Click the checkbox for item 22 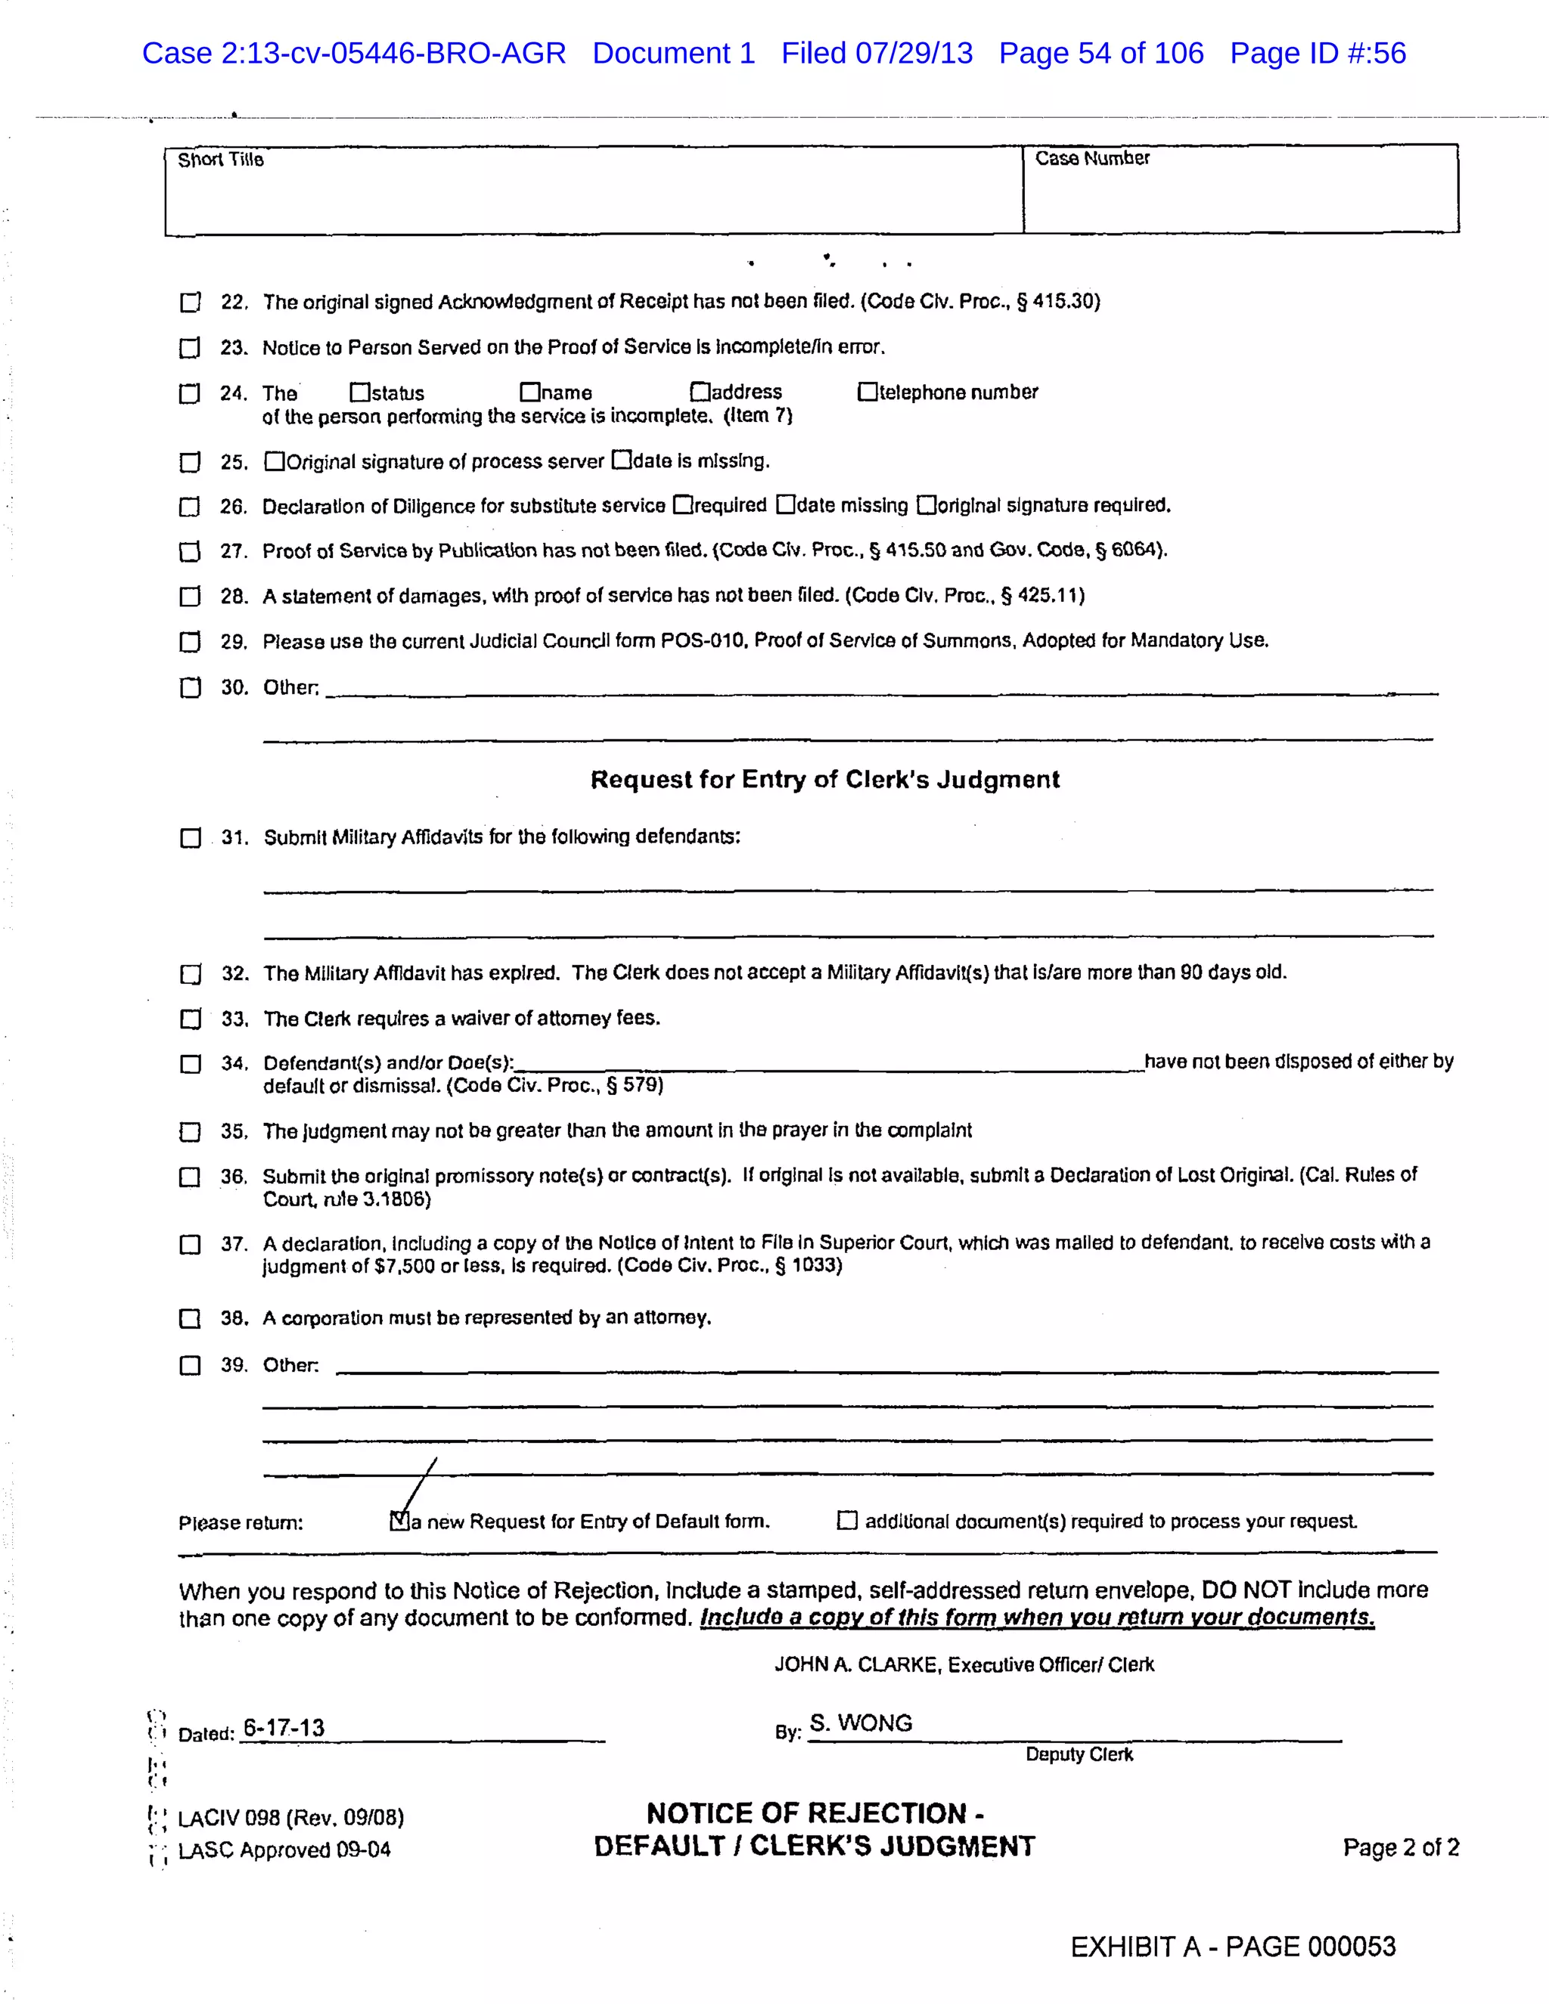(190, 302)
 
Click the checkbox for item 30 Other (190, 688)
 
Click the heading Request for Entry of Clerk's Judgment (824, 779)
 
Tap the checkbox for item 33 (191, 1019)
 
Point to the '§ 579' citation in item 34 (635, 1085)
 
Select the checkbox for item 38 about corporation (190, 1319)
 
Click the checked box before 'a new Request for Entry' (399, 1522)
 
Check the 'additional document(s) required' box (847, 1521)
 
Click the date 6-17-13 (284, 1729)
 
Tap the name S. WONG (861, 1723)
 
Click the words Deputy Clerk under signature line (1079, 1754)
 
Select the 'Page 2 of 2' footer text (1400, 1847)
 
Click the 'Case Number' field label (1092, 159)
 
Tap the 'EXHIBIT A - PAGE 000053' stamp (1232, 1947)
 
